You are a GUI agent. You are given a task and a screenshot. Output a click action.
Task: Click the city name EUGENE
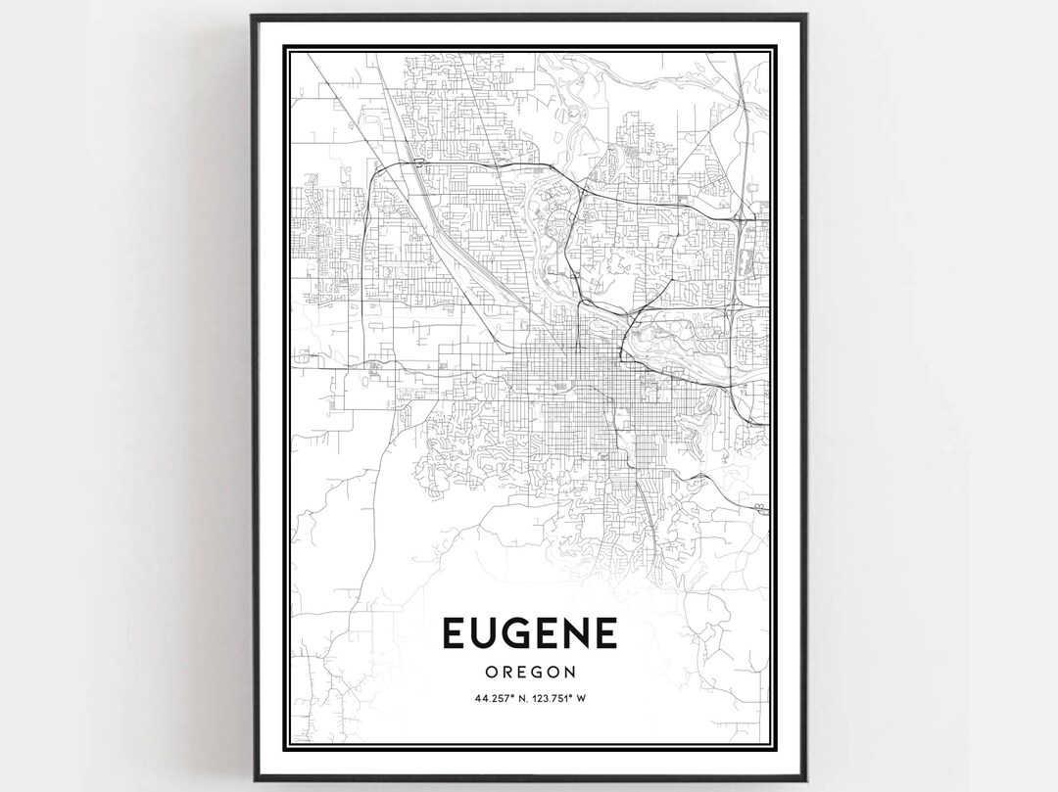click(530, 633)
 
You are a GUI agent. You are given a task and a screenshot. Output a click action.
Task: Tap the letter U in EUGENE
click(486, 633)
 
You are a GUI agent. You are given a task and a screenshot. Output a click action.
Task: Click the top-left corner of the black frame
click(252, 16)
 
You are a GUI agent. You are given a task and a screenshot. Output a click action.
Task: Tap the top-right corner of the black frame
click(805, 16)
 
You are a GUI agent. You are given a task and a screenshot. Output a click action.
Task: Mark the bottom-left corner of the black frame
click(252, 780)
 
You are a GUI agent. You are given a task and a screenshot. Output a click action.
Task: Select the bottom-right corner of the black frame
click(805, 780)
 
